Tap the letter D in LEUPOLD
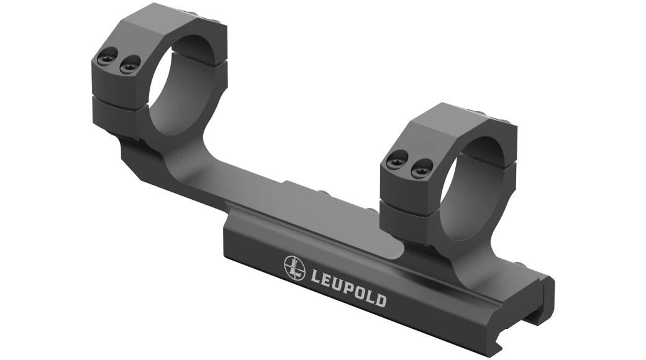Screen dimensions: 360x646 [x=381, y=301]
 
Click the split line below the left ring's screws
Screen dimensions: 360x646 [x=118, y=97]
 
